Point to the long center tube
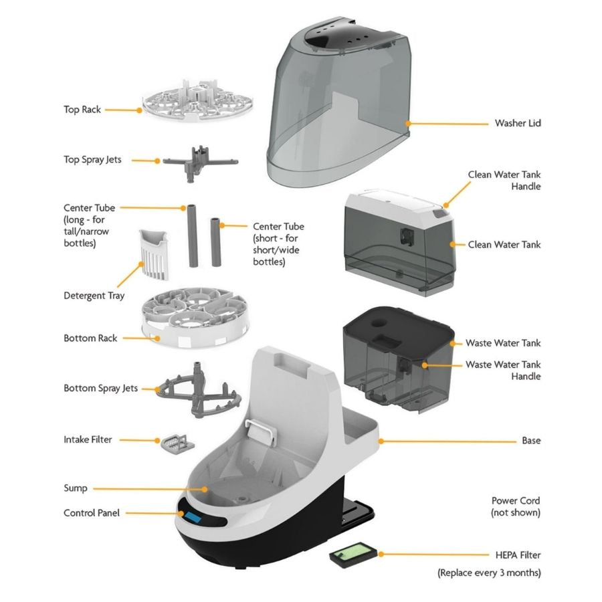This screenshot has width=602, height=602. tap(192, 237)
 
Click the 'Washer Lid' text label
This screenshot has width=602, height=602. tap(518, 123)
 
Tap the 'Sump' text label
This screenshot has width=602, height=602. tap(75, 488)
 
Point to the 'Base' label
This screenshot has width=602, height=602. tap(531, 441)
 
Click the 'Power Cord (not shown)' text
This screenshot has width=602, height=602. tap(516, 506)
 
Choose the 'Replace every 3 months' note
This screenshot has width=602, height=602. tap(489, 573)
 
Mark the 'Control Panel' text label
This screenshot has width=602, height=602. tap(91, 513)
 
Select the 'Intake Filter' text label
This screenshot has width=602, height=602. tap(88, 439)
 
